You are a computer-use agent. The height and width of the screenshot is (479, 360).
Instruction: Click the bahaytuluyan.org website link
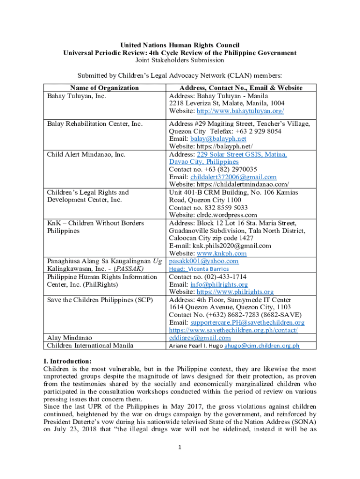(240, 111)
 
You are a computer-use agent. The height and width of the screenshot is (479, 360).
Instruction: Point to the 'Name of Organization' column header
(104, 87)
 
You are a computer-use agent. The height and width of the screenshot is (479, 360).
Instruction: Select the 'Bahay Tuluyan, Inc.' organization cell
(77, 95)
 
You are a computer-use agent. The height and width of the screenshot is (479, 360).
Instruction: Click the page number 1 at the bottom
(180, 447)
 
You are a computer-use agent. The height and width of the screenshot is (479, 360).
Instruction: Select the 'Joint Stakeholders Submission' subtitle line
(180, 60)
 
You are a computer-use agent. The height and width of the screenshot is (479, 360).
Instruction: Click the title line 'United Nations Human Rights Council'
(180, 45)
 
